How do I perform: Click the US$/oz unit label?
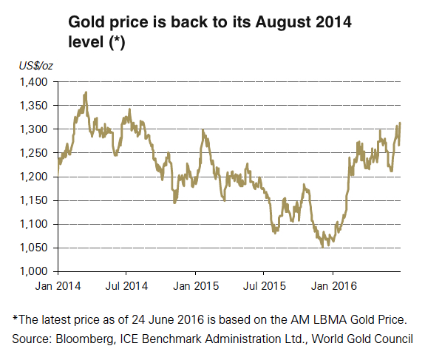[35, 67]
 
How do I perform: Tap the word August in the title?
[276, 24]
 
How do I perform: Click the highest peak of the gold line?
[86, 92]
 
